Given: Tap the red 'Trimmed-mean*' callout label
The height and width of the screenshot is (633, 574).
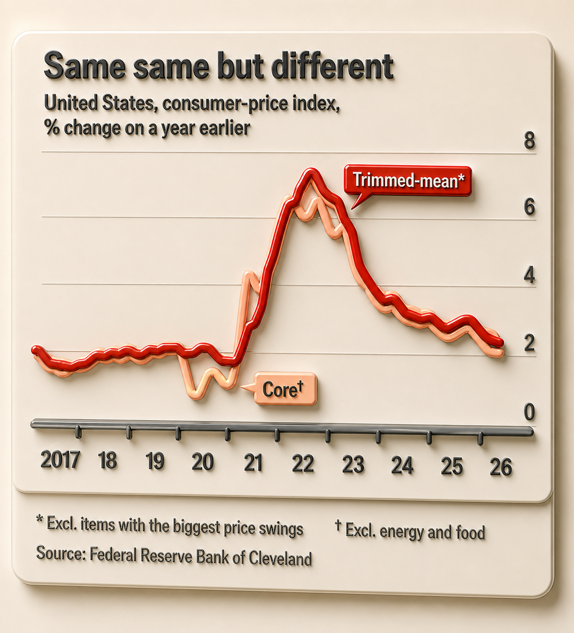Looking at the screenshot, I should coord(408,180).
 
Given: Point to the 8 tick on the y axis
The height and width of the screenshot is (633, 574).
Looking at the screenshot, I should coord(529,141).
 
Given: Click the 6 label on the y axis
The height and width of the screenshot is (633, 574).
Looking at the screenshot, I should coord(529,207).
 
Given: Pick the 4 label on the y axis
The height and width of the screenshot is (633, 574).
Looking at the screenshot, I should coord(529,275).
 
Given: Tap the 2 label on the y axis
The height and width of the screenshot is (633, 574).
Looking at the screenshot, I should coord(529,343).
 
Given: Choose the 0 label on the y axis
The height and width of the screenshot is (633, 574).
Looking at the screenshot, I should coord(529,412).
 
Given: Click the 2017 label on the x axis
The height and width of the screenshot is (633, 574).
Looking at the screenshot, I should coord(60,460).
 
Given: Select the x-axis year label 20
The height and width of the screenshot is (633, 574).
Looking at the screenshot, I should coord(202,462).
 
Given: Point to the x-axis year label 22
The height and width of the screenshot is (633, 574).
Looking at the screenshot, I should coord(303,464).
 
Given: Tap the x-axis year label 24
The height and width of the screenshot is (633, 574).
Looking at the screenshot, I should coord(402,465).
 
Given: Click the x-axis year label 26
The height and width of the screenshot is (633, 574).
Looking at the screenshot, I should coord(501,467).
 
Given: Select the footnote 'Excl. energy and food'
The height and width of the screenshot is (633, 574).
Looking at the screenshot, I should coord(415,532).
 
